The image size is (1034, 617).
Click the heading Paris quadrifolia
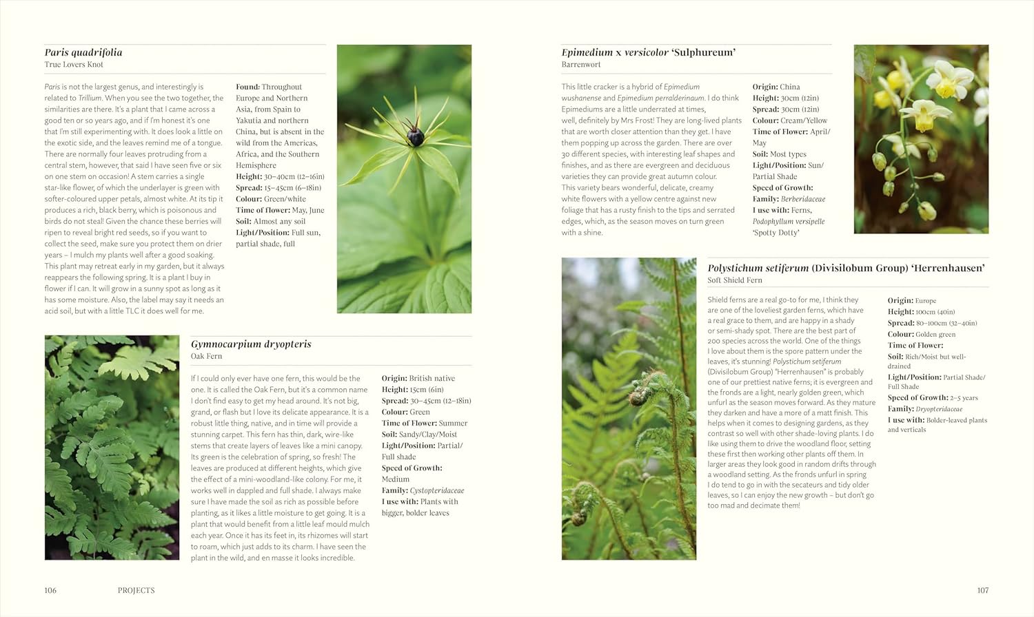(83, 52)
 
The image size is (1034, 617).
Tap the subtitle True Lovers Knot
(74, 65)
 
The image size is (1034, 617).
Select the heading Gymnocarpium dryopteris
(251, 344)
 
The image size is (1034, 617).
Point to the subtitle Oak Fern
(206, 357)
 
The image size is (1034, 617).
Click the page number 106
(50, 590)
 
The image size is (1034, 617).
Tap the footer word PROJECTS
(136, 590)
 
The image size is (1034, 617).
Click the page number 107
(982, 590)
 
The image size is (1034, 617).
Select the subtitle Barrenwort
(581, 65)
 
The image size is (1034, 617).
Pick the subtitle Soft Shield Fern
(735, 280)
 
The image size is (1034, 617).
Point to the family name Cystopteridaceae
(437, 491)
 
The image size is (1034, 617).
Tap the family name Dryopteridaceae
(939, 409)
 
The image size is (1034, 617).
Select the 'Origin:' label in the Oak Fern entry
(394, 379)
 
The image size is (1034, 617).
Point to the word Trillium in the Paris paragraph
(90, 98)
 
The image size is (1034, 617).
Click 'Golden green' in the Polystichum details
(935, 335)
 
